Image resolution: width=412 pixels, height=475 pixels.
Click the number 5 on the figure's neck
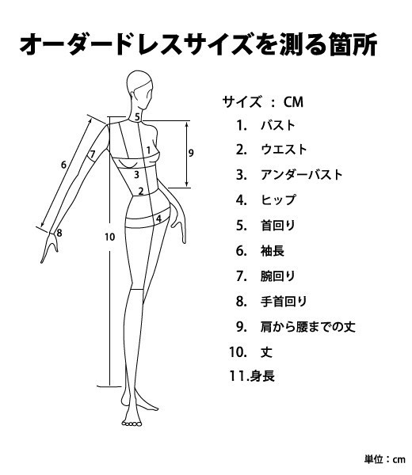click(x=137, y=117)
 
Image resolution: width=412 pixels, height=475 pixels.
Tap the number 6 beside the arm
click(x=63, y=165)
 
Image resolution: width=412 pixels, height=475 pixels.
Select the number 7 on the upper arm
click(x=93, y=154)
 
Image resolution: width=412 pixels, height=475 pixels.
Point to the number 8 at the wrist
click(x=59, y=233)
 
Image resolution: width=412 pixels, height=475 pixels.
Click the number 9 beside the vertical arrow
click(x=191, y=153)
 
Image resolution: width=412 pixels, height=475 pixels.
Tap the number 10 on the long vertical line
click(x=110, y=237)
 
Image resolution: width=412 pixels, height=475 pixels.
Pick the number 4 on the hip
click(x=158, y=218)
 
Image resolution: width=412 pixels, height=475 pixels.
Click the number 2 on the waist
click(x=141, y=191)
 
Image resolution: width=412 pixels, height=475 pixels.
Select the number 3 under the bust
click(x=136, y=174)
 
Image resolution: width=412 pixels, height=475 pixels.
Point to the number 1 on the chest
click(x=148, y=150)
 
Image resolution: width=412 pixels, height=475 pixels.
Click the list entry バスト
click(x=278, y=125)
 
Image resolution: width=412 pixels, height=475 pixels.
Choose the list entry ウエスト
click(x=284, y=150)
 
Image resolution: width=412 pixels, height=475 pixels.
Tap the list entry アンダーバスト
click(x=302, y=175)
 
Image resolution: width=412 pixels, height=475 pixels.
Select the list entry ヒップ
click(x=278, y=200)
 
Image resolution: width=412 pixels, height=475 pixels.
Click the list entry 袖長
click(x=273, y=251)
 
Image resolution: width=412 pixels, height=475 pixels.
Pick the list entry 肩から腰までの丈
click(x=307, y=326)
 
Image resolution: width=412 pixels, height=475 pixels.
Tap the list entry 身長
click(x=262, y=377)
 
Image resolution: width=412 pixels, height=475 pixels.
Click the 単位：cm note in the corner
click(x=385, y=459)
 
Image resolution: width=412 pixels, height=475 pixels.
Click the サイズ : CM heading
click(x=263, y=102)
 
